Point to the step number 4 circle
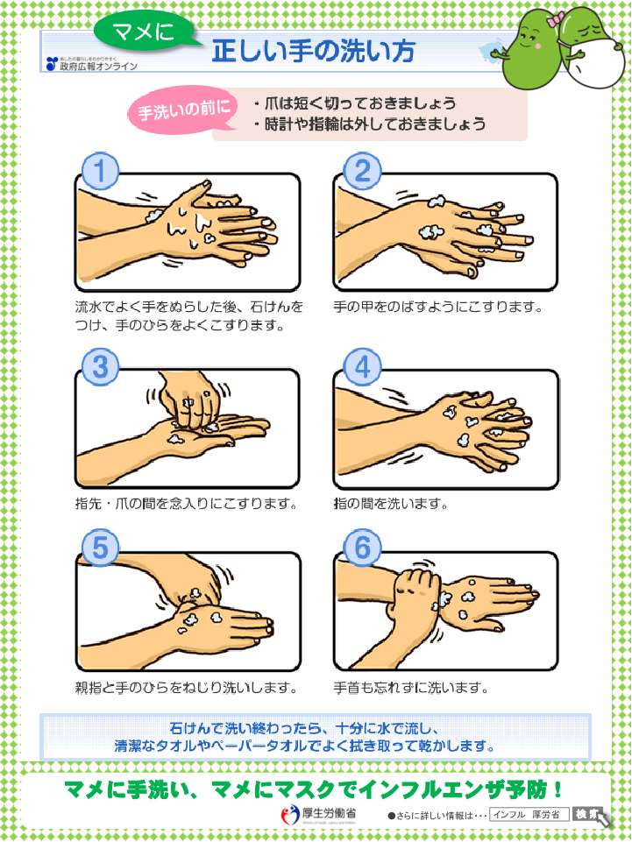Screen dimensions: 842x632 [x=360, y=367]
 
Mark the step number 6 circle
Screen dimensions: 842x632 [x=360, y=549]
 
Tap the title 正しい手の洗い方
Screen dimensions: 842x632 [x=313, y=53]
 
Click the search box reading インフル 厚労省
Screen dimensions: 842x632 [x=529, y=815]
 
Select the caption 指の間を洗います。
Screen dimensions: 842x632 [x=391, y=504]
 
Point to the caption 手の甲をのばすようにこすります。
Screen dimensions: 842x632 [x=438, y=308]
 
